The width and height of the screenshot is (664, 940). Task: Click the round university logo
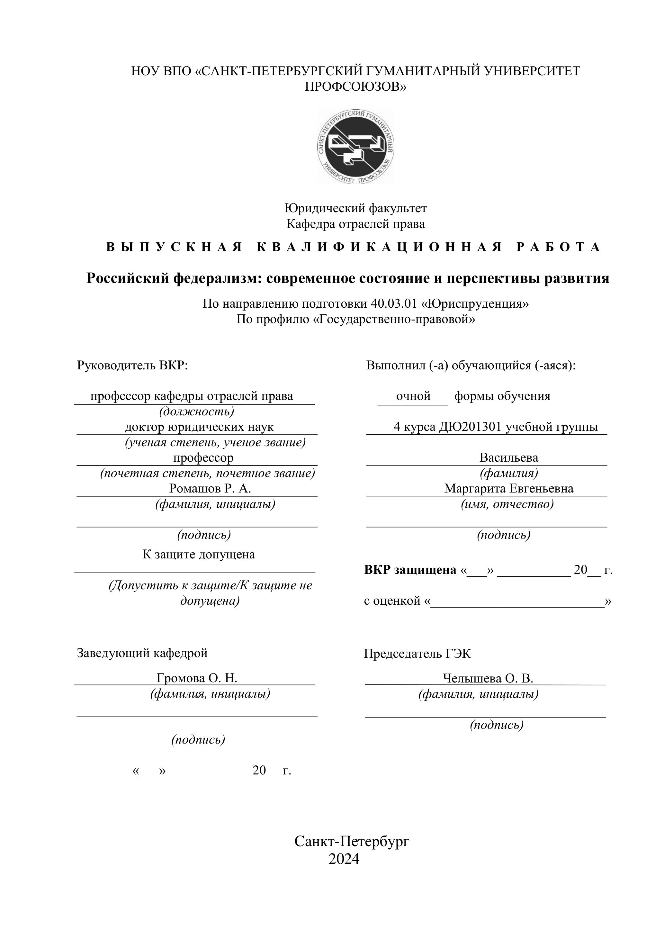355,146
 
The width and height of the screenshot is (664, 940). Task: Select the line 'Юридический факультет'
355,208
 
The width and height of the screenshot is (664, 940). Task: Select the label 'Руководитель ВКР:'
132,365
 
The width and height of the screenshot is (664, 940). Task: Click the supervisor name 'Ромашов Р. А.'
210,488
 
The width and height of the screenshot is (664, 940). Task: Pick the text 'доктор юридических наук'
199,427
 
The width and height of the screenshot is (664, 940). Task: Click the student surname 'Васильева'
509,457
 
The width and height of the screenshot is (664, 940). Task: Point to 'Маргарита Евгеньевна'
509,488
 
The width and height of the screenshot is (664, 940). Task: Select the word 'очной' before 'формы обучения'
413,396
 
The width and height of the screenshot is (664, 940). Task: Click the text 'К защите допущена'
199,554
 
